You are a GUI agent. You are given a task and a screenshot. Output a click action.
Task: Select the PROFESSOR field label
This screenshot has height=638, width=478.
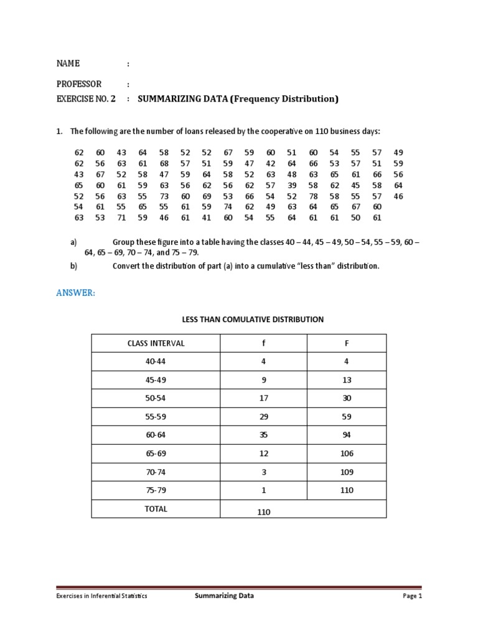[x=79, y=84]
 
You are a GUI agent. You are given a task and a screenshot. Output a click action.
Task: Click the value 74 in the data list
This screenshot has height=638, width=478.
[x=228, y=206]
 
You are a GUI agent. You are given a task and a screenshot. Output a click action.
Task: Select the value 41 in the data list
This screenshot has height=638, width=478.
[x=207, y=217]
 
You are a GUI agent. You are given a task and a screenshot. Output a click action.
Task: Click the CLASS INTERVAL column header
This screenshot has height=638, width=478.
[x=156, y=343]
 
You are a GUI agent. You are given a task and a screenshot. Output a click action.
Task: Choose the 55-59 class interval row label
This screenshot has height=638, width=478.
[x=156, y=417]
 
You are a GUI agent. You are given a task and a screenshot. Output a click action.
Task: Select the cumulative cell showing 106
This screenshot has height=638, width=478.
[x=346, y=454]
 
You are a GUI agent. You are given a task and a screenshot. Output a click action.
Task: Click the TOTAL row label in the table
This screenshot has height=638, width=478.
[x=156, y=508]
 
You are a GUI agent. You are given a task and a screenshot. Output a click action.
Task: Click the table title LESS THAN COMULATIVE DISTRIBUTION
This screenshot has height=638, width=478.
[x=252, y=320]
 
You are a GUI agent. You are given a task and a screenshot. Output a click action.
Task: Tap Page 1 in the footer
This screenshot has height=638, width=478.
[x=411, y=596]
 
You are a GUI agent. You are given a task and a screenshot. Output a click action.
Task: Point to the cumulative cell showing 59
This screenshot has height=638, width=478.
[x=346, y=417]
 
